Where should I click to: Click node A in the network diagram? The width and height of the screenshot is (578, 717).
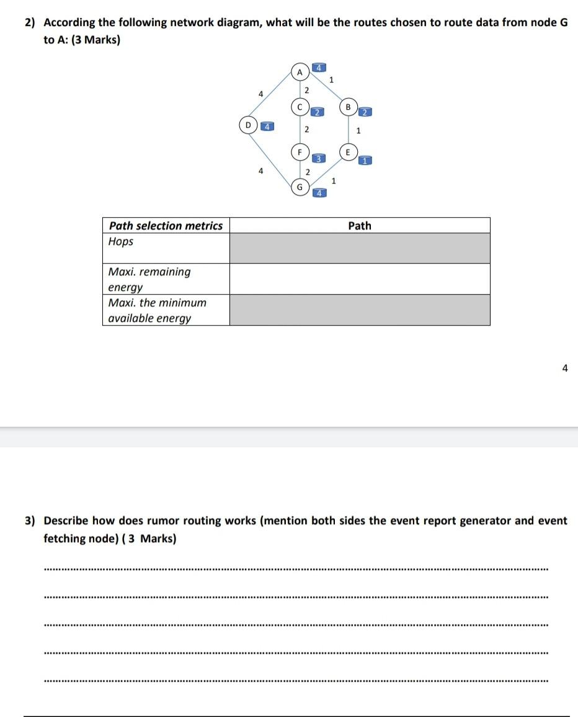pyautogui.click(x=300, y=72)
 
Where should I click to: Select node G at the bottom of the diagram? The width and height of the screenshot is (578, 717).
pyautogui.click(x=300, y=186)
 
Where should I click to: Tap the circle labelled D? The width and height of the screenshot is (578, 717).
pyautogui.click(x=249, y=125)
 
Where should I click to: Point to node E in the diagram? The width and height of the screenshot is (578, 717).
pyautogui.click(x=348, y=151)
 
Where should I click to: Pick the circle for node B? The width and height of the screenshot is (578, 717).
pyautogui.click(x=348, y=106)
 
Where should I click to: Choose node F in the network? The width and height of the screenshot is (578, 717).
pyautogui.click(x=300, y=151)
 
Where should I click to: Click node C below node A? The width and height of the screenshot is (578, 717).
pyautogui.click(x=300, y=107)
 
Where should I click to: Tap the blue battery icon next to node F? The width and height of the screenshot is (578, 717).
pyautogui.click(x=318, y=158)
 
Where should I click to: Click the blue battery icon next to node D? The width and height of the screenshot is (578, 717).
pyautogui.click(x=267, y=126)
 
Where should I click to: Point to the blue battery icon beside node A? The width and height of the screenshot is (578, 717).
pyautogui.click(x=318, y=67)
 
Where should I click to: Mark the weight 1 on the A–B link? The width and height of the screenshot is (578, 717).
pyautogui.click(x=331, y=79)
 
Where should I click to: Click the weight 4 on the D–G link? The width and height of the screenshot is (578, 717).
pyautogui.click(x=261, y=170)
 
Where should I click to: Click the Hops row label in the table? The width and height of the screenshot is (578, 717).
pyautogui.click(x=121, y=241)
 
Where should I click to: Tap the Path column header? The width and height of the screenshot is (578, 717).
pyautogui.click(x=360, y=226)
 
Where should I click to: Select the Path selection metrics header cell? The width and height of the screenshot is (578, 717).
pyautogui.click(x=166, y=226)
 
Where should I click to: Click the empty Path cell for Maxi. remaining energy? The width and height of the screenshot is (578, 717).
pyautogui.click(x=360, y=279)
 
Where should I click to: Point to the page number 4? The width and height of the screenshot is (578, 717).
pyautogui.click(x=564, y=368)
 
